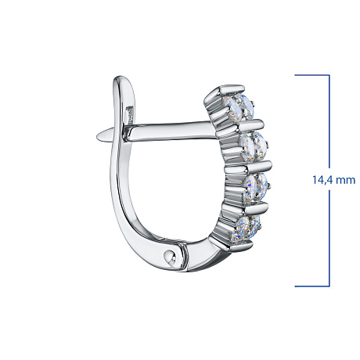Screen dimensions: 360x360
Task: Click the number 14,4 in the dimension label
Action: (x=322, y=180)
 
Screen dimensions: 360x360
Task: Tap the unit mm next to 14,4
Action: (x=345, y=181)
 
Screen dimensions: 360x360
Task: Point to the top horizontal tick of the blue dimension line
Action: (x=312, y=75)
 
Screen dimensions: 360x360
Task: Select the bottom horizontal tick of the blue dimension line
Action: (x=312, y=286)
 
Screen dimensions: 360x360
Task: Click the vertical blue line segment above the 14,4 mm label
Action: (x=329, y=121)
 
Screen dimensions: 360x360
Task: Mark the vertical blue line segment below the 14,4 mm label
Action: (x=329, y=238)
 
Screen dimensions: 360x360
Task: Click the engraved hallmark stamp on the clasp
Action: (x=129, y=117)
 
